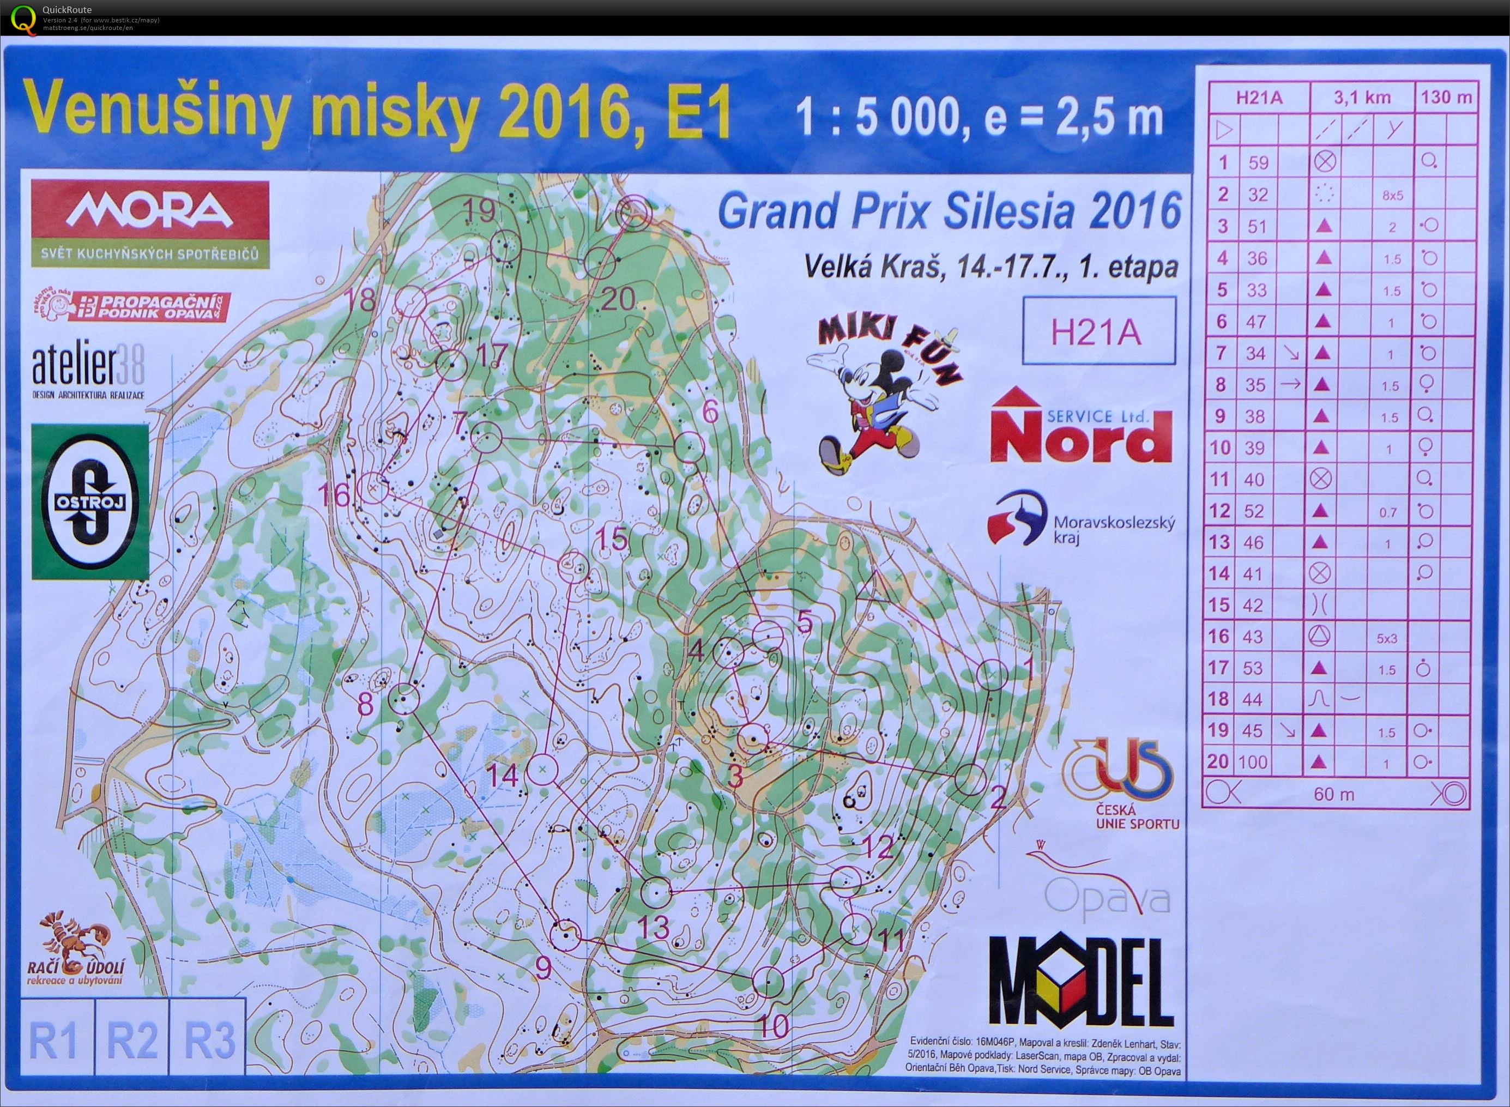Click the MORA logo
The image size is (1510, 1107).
pos(149,211)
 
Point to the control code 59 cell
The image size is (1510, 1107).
pos(1258,162)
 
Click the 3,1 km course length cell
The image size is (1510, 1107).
pos(1361,98)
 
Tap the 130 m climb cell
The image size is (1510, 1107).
pos(1446,97)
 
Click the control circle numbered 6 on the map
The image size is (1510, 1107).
pos(688,447)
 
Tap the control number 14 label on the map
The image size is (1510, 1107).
pos(503,776)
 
